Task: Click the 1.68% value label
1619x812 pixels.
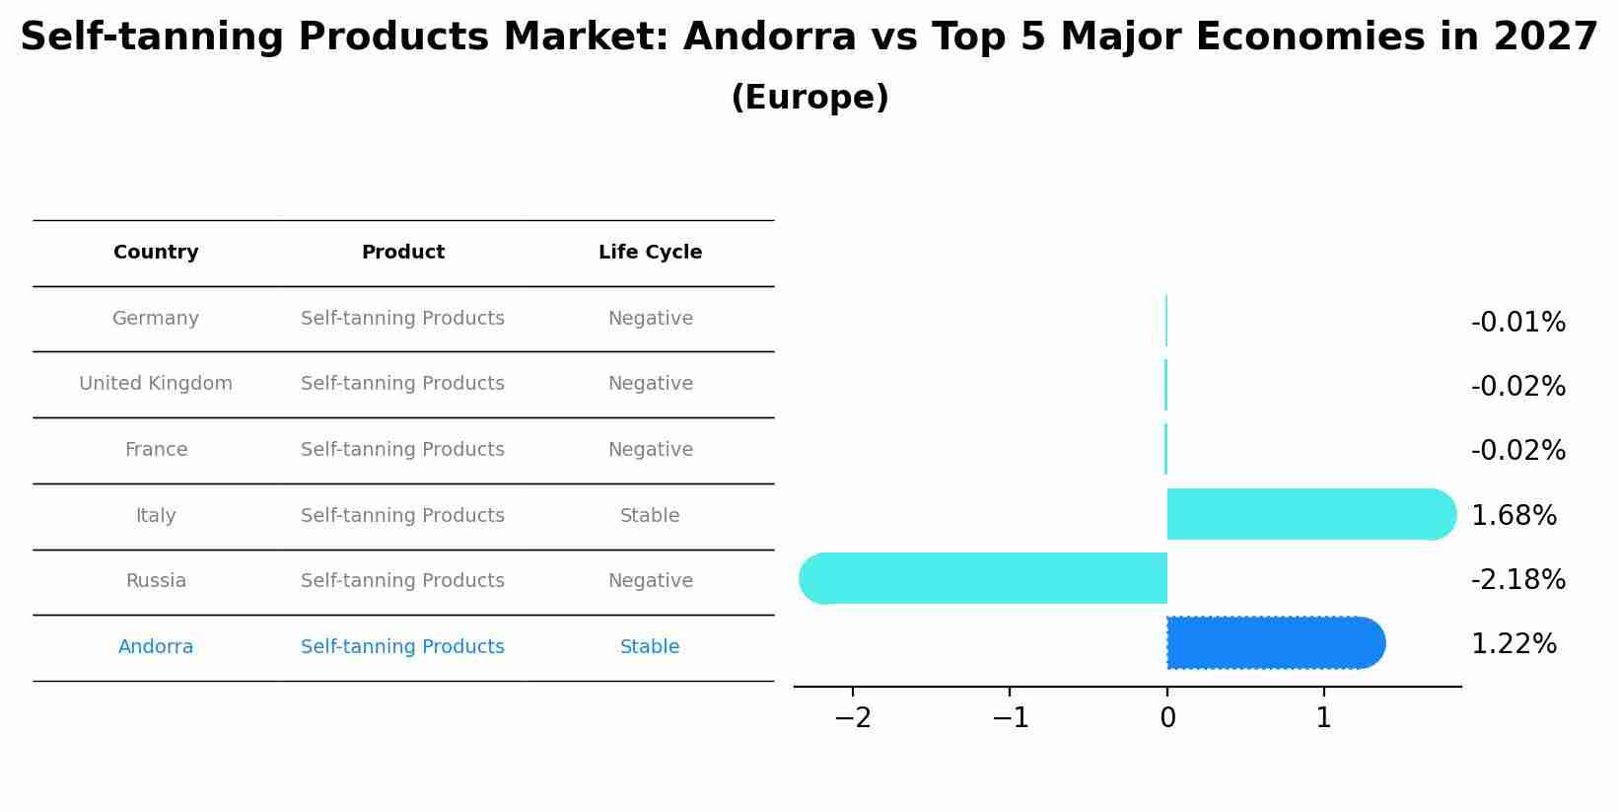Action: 1513,515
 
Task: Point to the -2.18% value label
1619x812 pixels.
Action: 1517,579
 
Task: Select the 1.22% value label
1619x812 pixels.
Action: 1513,644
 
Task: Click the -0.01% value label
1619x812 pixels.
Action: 1517,323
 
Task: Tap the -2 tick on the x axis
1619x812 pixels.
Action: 853,718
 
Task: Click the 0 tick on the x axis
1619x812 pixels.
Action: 1167,718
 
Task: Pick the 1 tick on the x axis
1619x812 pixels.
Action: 1324,718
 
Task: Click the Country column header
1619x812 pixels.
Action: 156,253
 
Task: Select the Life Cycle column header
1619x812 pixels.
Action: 650,253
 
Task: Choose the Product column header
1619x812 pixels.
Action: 402,253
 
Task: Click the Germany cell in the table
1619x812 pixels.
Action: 156,319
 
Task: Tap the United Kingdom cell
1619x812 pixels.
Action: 156,384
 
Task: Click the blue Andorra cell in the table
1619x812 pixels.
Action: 156,647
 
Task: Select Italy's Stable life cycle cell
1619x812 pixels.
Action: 650,516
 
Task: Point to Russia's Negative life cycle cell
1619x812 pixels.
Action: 650,581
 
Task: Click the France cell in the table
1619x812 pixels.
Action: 156,450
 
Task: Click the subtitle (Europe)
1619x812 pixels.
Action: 809,98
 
